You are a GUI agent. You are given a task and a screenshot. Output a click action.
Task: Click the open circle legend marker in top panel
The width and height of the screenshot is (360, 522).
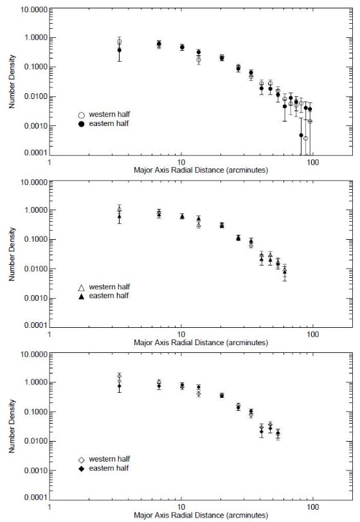[82, 115]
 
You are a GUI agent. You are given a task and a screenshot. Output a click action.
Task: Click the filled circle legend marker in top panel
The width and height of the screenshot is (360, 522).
[82, 124]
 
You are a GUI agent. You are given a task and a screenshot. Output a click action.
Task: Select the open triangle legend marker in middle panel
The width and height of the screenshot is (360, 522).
[82, 287]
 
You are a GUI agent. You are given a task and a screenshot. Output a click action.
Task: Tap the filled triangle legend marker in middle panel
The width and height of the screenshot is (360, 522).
[82, 296]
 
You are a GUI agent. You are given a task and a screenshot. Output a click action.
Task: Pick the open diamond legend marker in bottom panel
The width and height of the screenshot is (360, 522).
[82, 460]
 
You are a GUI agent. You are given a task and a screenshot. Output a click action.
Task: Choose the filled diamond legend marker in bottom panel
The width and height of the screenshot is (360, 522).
[82, 469]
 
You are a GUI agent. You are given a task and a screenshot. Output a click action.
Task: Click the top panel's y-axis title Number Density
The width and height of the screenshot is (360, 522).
[12, 82]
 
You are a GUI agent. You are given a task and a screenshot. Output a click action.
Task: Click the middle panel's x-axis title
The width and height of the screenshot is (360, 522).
[201, 343]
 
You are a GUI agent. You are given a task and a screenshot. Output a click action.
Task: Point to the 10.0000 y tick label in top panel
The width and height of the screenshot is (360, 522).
[34, 9]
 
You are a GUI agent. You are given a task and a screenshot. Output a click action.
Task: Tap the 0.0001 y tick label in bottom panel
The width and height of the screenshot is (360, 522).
[35, 498]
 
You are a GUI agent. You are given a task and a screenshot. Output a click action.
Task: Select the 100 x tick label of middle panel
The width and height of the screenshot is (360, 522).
[312, 334]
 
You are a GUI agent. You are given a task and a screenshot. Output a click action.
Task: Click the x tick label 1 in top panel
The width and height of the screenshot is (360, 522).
[50, 162]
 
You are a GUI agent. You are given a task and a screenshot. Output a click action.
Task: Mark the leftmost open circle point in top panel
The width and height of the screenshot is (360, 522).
[119, 41]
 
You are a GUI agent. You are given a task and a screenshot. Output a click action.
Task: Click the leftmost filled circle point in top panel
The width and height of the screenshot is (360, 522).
[119, 50]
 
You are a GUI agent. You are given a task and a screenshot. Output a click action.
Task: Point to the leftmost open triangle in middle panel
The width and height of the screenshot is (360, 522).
[119, 209]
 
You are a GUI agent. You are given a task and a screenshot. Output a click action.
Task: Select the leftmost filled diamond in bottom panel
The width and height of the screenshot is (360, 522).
[119, 386]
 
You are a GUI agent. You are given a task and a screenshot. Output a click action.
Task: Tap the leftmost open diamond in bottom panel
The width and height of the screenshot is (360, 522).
[119, 376]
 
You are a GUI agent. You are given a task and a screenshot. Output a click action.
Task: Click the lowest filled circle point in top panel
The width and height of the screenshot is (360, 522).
[301, 135]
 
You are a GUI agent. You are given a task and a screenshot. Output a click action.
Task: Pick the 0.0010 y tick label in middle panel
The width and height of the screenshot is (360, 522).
[35, 298]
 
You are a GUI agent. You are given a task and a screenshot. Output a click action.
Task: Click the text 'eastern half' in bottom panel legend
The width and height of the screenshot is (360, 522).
[109, 469]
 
